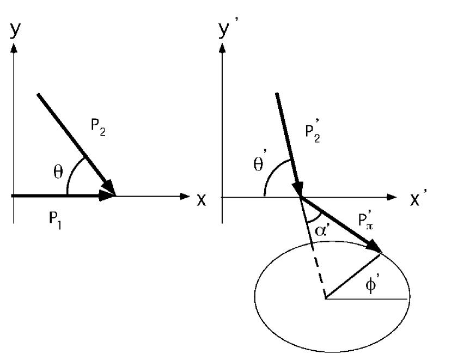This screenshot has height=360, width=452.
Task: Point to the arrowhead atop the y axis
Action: (x=14, y=47)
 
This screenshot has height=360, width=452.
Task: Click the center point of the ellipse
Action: (x=326, y=298)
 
